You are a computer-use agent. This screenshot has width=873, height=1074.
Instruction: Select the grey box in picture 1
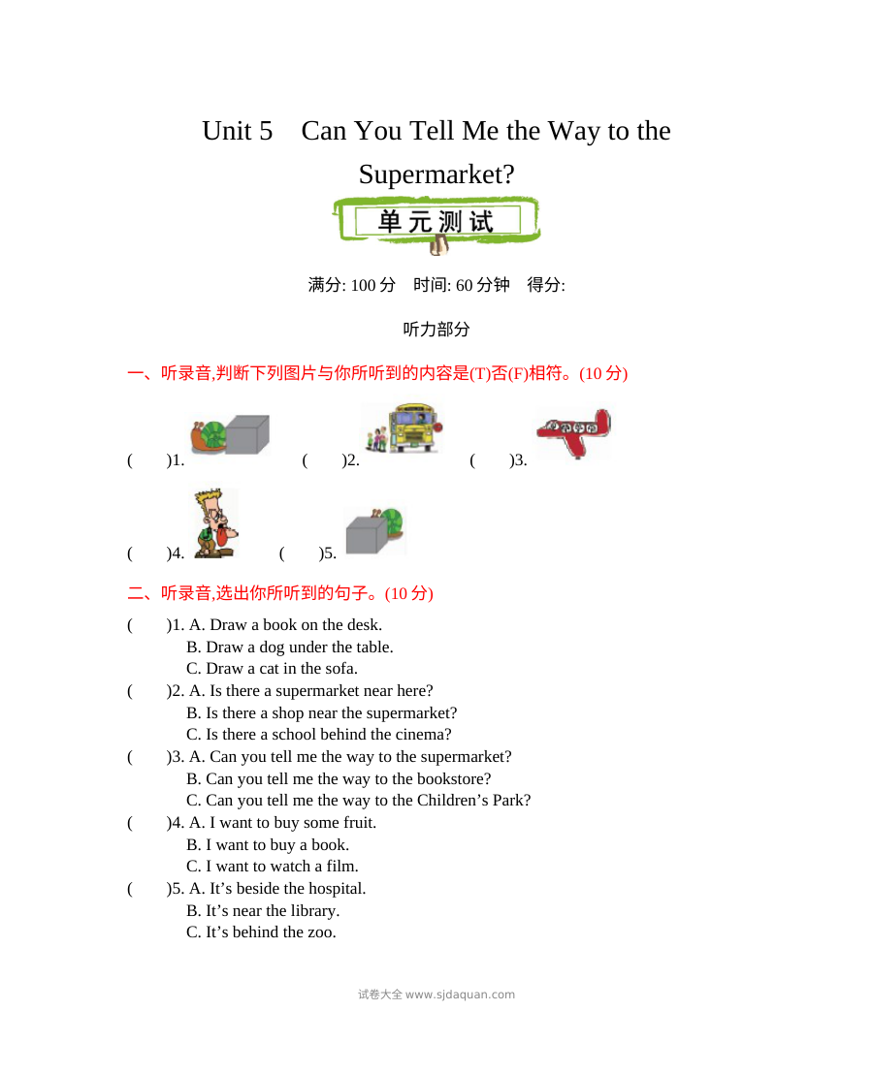[247, 434]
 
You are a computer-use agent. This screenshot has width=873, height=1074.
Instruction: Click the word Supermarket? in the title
[436, 174]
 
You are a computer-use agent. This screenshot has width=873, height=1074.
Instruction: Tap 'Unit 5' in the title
[237, 131]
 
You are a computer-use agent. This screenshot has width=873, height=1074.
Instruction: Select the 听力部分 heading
[436, 330]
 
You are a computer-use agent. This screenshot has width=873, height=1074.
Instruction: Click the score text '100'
[363, 285]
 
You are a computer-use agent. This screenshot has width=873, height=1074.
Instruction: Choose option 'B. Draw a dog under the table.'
[290, 648]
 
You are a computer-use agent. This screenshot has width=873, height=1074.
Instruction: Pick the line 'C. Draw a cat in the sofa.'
[272, 669]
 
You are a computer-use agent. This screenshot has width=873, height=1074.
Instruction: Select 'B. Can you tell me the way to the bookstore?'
[339, 778]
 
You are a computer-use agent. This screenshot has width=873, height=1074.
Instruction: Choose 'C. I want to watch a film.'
[272, 867]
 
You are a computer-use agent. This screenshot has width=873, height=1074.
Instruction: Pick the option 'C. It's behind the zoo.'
[261, 932]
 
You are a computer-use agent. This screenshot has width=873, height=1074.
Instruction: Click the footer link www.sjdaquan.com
[460, 995]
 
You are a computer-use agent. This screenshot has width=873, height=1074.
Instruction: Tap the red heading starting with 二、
[280, 593]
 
